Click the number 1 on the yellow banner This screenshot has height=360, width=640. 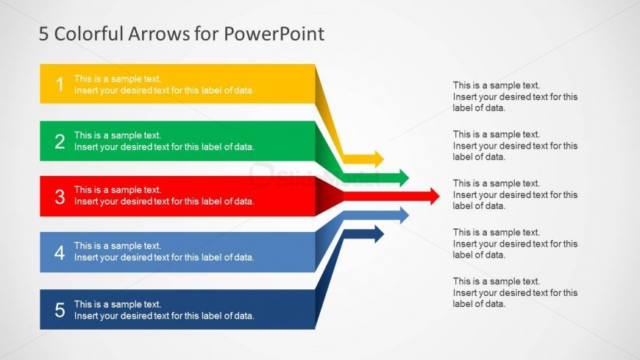pos(60,85)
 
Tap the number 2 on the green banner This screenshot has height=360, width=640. pos(60,141)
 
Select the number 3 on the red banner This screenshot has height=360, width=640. pos(60,197)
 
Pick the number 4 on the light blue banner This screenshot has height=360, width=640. pos(60,253)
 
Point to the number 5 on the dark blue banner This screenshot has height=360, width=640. pos(60,310)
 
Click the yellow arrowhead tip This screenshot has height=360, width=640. pos(384,159)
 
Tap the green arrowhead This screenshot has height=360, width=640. pos(404,177)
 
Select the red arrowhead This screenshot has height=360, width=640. pos(435,196)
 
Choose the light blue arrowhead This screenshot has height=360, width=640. pos(404,215)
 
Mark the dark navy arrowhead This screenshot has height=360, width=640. pos(379,234)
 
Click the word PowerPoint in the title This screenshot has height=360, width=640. pos(274,34)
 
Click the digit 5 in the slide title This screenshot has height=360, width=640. pos(43,34)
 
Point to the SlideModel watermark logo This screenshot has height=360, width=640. pos(322,177)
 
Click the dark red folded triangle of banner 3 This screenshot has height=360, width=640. pos(329,197)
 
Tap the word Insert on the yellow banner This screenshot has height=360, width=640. pos(86,91)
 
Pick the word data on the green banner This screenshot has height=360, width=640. pos(243,147)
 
